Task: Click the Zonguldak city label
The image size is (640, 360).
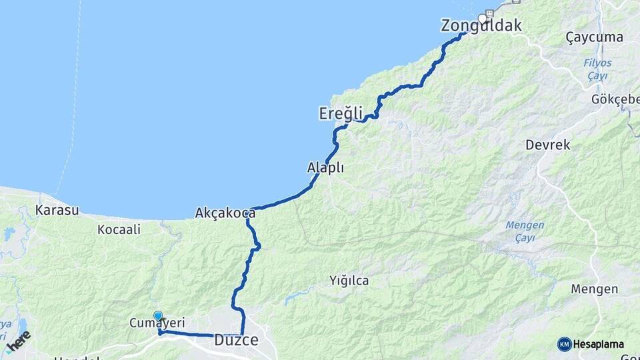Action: click(x=481, y=26)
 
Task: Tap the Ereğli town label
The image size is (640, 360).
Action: click(x=340, y=114)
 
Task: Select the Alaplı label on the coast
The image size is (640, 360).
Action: click(x=325, y=168)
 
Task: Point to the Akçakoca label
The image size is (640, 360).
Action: click(x=225, y=213)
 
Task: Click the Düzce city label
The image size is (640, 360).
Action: click(x=236, y=341)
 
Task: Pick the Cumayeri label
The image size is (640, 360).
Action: click(x=157, y=323)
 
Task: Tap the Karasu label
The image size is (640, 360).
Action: click(x=57, y=211)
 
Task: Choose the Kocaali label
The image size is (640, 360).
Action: click(x=119, y=229)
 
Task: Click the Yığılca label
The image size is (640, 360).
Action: click(x=349, y=281)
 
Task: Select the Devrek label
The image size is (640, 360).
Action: click(x=547, y=145)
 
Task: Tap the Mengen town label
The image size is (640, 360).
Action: click(x=595, y=289)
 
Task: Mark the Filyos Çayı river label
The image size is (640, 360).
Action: click(x=597, y=69)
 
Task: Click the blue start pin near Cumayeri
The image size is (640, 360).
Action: click(x=158, y=316)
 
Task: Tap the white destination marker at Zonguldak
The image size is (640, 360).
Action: click(x=483, y=18)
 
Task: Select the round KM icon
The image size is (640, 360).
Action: click(x=565, y=344)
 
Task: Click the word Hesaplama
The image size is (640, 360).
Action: click(x=599, y=344)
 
